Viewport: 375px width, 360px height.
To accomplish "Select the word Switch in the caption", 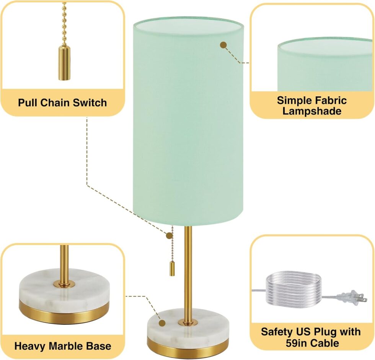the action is coord(90,103).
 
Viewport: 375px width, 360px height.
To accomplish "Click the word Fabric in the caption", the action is coord(331,101).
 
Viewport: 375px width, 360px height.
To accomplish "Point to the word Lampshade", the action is coord(312,111).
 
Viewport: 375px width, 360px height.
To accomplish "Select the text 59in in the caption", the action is coord(295,343).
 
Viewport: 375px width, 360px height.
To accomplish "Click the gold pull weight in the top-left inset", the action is coord(64,63).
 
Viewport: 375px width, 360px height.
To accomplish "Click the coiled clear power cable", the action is coord(294,289).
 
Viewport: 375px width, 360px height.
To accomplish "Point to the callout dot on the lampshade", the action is coord(223,45).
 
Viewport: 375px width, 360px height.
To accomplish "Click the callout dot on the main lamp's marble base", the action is coord(162,323).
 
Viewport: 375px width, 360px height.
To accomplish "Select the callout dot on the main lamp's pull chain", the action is coord(169,236).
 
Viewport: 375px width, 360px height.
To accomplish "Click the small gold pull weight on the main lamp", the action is coord(172,269).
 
